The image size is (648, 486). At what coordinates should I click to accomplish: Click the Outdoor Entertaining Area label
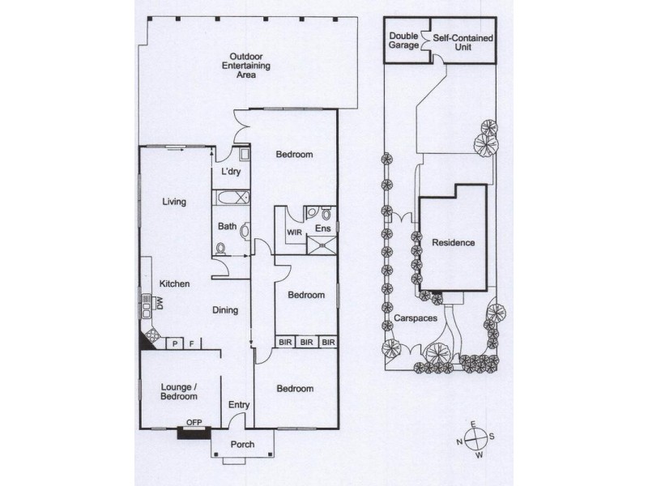point(246,66)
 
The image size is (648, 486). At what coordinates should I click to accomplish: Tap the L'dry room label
point(231,171)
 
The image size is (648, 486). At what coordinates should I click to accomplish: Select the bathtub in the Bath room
point(232,198)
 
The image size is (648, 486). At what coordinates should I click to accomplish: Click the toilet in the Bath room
point(221,249)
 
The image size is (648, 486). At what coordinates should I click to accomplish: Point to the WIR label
point(294,232)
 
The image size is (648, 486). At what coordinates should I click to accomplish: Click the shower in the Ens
point(321,245)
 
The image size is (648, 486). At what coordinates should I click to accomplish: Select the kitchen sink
point(147,306)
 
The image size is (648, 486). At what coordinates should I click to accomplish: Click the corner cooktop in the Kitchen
point(151,335)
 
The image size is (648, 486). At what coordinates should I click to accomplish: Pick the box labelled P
point(175,343)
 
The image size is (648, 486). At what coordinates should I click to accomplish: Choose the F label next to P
point(191,343)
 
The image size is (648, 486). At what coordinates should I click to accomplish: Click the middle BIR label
point(306,342)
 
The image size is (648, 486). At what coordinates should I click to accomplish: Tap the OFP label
point(194,422)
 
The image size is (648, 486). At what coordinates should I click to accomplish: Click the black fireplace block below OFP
point(194,433)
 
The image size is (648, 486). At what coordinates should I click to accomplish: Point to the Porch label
point(242,444)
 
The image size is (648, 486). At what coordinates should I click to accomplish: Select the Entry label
point(239,405)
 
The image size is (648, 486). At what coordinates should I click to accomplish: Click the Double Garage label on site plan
point(403,40)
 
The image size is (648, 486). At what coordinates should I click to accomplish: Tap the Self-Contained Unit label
point(463,42)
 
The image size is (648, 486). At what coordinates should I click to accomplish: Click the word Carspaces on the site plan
point(416,318)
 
